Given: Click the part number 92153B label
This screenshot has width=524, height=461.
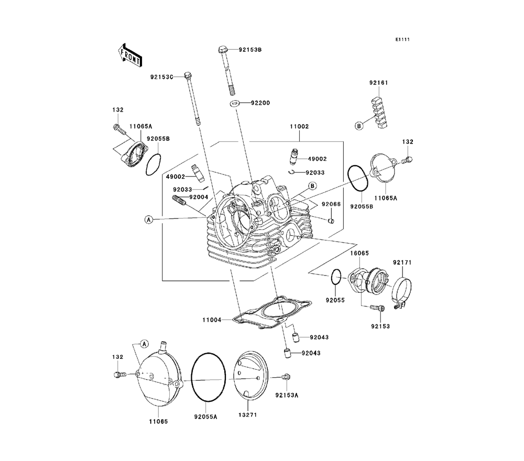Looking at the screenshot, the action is click(x=250, y=50).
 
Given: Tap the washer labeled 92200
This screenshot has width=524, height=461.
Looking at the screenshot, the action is click(x=235, y=103).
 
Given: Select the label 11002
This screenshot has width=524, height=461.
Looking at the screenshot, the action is click(x=299, y=127).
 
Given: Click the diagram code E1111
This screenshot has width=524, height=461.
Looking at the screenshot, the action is click(x=402, y=39).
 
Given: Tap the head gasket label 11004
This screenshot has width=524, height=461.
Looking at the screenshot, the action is click(x=212, y=320).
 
